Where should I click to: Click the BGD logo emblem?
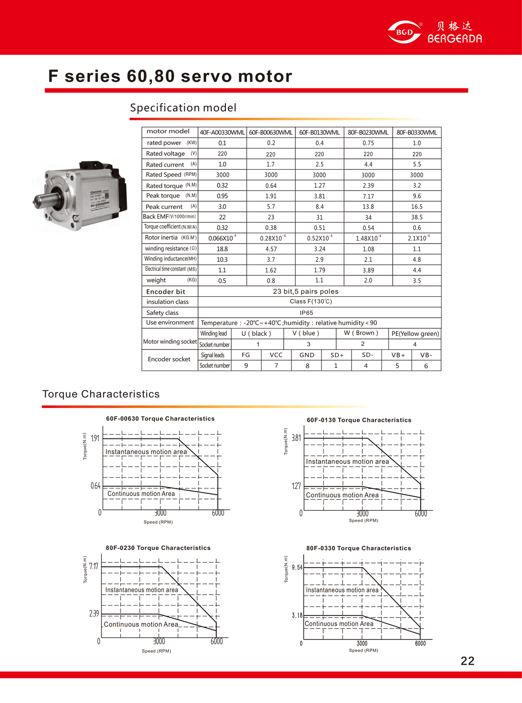[405, 32]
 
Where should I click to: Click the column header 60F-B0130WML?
[319, 132]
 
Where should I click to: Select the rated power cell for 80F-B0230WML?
[368, 143]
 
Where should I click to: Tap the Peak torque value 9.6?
[417, 196]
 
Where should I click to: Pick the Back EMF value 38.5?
[417, 217]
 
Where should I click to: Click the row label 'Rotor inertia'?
[161, 238]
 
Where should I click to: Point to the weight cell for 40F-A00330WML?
[222, 281]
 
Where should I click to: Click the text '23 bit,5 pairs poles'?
[306, 291]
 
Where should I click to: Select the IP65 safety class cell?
[306, 313]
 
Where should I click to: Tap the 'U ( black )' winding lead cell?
[256, 334]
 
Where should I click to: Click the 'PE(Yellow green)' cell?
[415, 334]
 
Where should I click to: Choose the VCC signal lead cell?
[276, 355]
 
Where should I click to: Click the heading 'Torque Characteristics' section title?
[101, 394]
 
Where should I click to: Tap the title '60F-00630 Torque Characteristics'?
[161, 418]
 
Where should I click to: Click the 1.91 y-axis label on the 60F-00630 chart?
[95, 438]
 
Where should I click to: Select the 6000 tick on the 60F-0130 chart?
[421, 514]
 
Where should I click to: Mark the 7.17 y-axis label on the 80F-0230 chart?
[94, 566]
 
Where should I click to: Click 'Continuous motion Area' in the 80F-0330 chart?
[339, 624]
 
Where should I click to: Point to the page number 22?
[467, 661]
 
